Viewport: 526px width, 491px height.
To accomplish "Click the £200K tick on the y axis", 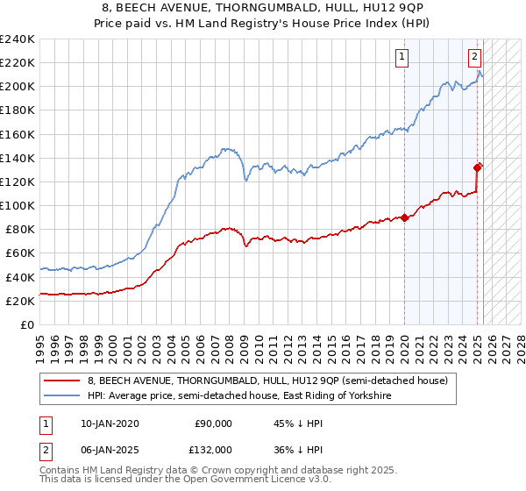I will click(18, 87).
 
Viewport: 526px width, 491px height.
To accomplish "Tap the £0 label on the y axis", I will click(28, 324).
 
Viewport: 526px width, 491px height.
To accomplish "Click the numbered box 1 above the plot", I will click(402, 58).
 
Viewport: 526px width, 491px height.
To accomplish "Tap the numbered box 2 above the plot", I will click(474, 58).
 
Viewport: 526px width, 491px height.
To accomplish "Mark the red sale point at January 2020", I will click(404, 218).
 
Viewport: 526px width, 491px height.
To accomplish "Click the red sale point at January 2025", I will click(478, 167).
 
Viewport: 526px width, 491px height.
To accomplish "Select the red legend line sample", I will click(62, 381).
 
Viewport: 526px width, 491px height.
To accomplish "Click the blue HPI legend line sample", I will click(62, 396).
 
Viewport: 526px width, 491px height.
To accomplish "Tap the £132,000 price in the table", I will click(213, 450).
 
